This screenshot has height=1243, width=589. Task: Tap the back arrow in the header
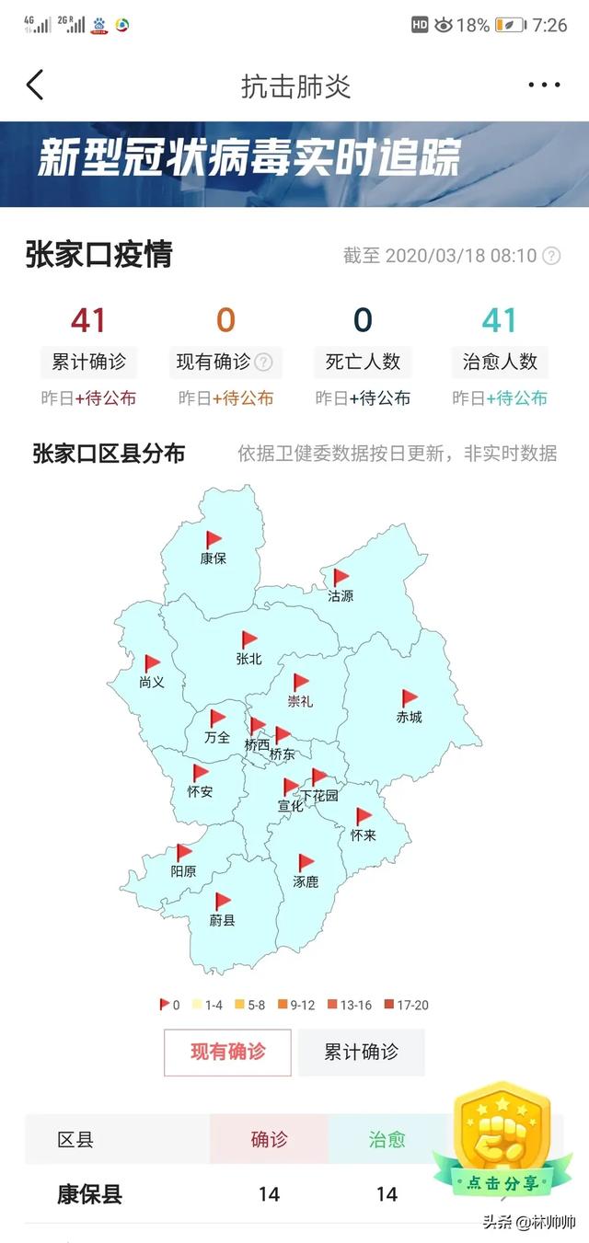[x=35, y=85]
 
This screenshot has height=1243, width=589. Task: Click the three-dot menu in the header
[x=544, y=86]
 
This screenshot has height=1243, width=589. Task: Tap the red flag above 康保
[x=214, y=539]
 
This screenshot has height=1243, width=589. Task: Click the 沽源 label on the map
[x=341, y=595]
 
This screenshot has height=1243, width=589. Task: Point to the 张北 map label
[x=248, y=658]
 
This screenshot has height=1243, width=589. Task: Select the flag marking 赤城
[x=410, y=698]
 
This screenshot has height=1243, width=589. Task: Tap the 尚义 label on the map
[x=152, y=682]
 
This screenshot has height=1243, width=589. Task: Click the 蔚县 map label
[x=222, y=919]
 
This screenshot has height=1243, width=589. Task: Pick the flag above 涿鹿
[x=306, y=862]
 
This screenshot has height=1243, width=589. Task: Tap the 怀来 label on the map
[x=364, y=835]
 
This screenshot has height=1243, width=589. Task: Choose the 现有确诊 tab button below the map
[x=227, y=1052]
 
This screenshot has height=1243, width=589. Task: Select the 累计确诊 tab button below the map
[x=361, y=1052]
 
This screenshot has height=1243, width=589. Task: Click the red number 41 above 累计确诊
[x=88, y=320]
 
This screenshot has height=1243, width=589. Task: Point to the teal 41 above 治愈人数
[x=500, y=320]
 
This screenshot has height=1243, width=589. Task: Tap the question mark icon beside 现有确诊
[x=263, y=363]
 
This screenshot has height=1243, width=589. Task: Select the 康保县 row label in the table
[x=89, y=1194]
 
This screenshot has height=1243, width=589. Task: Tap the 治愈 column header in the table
[x=387, y=1140]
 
